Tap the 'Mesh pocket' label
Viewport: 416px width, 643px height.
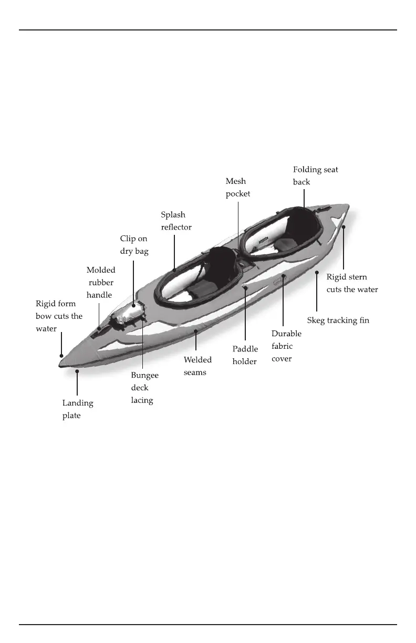click(238, 188)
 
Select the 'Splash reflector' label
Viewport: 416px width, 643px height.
click(176, 221)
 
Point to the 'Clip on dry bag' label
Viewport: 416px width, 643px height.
click(134, 245)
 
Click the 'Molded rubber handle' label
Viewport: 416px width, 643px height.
click(100, 282)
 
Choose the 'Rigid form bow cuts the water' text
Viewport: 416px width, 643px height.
click(59, 316)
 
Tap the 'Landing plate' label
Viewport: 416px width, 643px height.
click(78, 410)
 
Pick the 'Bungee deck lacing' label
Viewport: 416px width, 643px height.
click(144, 388)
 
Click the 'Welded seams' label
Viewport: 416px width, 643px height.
click(197, 366)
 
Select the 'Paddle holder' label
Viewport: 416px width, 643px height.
click(245, 355)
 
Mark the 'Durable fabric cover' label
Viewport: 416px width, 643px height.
click(286, 346)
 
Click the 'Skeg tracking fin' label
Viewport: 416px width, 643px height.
click(338, 320)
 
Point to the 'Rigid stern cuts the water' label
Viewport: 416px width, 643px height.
click(352, 283)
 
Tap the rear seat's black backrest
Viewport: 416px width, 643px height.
click(304, 223)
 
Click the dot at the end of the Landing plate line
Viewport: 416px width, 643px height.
click(77, 371)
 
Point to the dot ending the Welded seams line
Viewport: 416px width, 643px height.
click(196, 331)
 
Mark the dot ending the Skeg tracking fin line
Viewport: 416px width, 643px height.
click(317, 273)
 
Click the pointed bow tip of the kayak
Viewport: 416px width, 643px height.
click(61, 362)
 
